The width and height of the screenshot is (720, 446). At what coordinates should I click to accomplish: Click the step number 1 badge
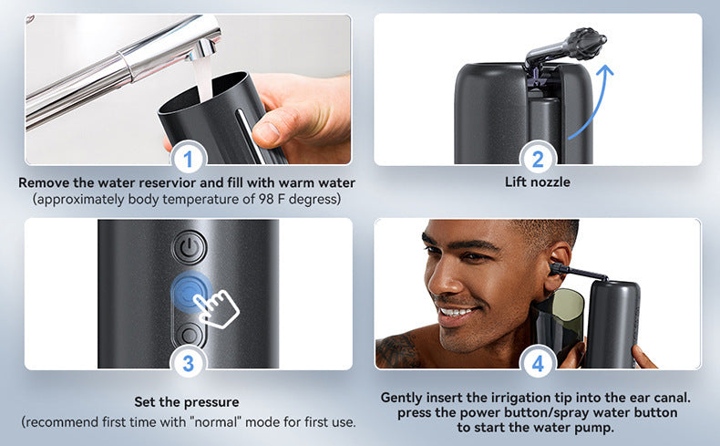click(x=188, y=160)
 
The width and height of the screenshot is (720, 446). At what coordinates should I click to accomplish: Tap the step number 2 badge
click(x=538, y=160)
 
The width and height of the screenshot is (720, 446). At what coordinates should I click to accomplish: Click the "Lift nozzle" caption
click(x=538, y=182)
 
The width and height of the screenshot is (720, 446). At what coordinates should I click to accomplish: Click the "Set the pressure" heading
click(x=188, y=401)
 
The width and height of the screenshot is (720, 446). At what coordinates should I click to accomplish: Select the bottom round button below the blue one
click(x=190, y=334)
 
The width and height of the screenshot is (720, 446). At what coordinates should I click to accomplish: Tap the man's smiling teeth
click(x=455, y=311)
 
